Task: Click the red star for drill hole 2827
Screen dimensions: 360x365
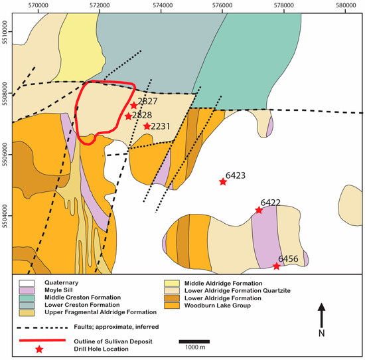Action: pos(133,105)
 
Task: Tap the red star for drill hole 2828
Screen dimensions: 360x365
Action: pos(128,116)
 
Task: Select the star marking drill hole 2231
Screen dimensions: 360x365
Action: pos(147,126)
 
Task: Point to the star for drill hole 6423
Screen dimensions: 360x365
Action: pos(223,181)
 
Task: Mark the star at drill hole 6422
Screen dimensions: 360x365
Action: pos(259,210)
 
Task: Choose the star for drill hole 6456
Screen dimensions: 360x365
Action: pos(277,266)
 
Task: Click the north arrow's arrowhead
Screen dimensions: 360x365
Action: pos(322,307)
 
